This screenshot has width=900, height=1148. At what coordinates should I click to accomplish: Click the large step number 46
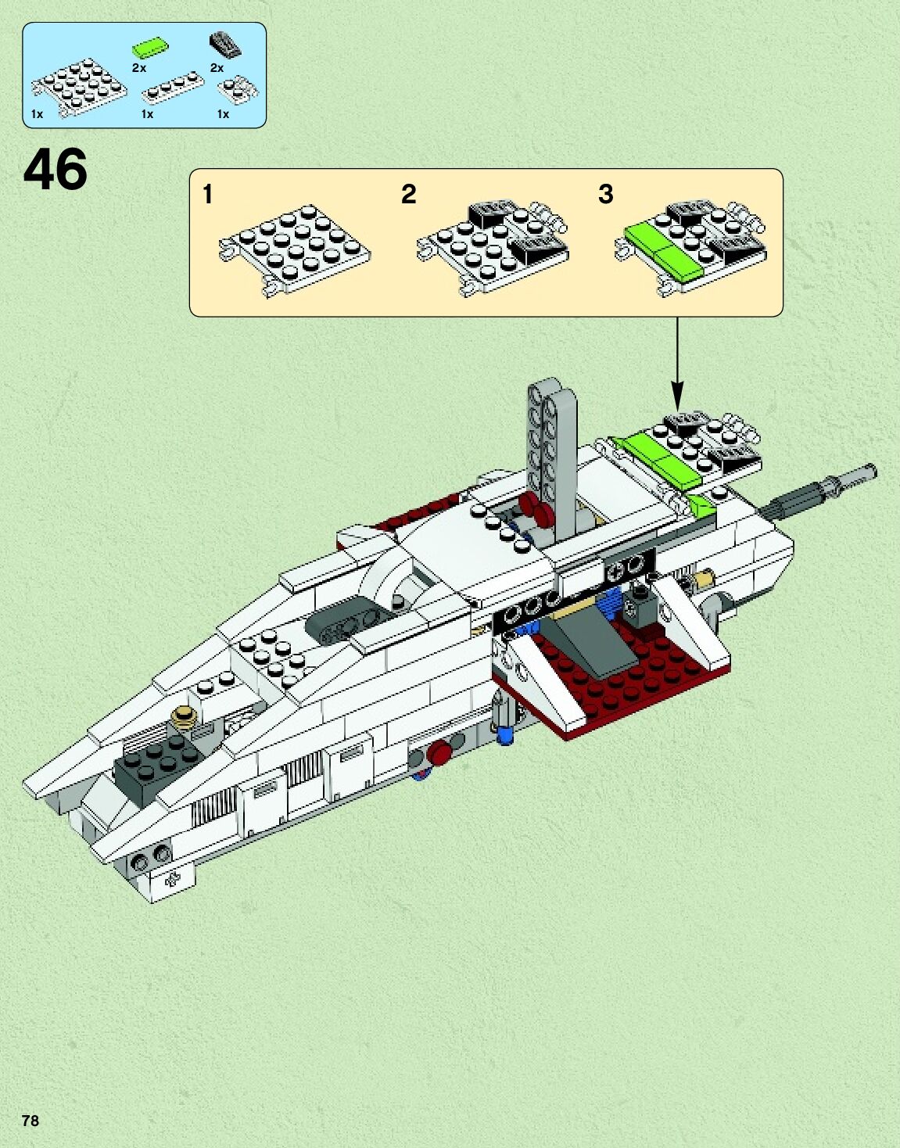[56, 170]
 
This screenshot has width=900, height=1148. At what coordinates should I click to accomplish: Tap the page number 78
[30, 1120]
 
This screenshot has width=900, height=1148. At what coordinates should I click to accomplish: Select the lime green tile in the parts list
[150, 48]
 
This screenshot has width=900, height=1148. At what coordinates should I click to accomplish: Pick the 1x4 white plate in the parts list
[173, 91]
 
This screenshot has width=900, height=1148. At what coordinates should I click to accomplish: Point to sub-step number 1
[207, 194]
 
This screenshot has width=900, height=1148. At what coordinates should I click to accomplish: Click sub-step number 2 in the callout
[408, 194]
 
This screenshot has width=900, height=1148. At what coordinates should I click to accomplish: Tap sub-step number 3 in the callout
[605, 194]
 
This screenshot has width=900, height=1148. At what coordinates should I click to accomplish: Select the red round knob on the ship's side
[440, 752]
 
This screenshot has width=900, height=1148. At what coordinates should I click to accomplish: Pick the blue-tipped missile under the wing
[505, 719]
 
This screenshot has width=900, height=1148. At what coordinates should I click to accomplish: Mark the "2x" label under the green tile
[138, 68]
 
